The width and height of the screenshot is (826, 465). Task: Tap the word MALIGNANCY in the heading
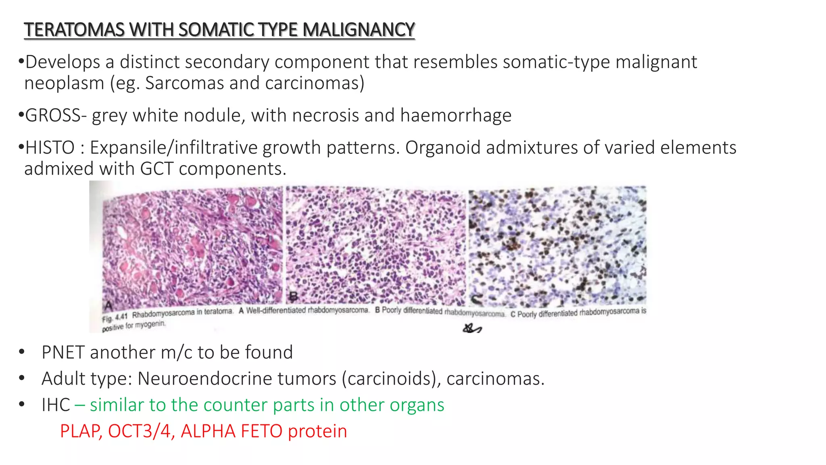(x=359, y=30)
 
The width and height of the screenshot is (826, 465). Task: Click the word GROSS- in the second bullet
(x=56, y=115)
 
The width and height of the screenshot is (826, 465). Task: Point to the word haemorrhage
(x=456, y=115)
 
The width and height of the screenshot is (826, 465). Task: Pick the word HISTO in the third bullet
(x=50, y=148)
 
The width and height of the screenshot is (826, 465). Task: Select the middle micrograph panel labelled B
(x=375, y=246)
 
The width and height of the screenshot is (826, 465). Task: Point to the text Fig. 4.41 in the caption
(x=115, y=318)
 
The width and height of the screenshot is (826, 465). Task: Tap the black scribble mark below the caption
(x=472, y=329)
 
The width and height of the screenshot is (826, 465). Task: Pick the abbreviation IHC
(x=56, y=405)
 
